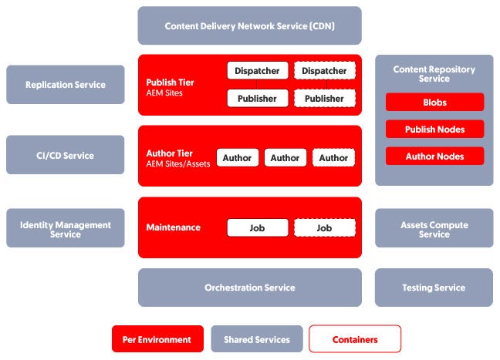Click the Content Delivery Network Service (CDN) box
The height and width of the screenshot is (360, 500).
pos(249,25)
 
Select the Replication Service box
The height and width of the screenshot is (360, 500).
pos(65,85)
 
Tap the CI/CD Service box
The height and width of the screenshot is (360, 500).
pos(65,155)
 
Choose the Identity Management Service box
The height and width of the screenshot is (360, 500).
pos(65,229)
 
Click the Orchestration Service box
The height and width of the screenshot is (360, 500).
pos(249,288)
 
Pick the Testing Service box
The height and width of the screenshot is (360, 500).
pos(434,288)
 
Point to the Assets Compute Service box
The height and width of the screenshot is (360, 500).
pos(434,229)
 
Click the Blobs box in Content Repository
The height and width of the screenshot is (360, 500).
pos(434,103)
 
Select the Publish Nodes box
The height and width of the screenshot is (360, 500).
pos(434,130)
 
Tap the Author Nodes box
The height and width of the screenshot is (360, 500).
pos(434,156)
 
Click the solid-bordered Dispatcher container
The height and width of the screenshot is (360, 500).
pos(258,70)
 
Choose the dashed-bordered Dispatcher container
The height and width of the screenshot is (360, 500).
pos(324,70)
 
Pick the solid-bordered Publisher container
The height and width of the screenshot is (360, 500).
pos(258,99)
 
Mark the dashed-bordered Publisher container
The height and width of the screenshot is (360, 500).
pos(324,99)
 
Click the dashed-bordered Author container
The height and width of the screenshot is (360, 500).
pos(333,158)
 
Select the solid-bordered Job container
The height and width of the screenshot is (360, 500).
pos(258,228)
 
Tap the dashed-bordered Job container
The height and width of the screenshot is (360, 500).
pos(324,228)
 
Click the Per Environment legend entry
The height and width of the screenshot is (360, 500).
pos(157,339)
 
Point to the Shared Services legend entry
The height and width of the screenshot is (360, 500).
pos(257,339)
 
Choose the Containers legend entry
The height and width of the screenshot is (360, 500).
pos(355,339)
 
